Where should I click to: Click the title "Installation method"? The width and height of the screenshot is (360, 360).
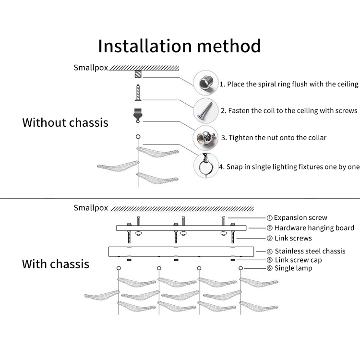point(180,46)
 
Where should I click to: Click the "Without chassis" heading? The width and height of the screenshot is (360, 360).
point(65,122)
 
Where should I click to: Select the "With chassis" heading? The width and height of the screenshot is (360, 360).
point(56,264)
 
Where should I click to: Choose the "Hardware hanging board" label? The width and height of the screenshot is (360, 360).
point(310,228)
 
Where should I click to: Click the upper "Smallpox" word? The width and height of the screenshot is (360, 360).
point(91,68)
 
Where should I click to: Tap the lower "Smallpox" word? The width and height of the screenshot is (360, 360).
point(91,208)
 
